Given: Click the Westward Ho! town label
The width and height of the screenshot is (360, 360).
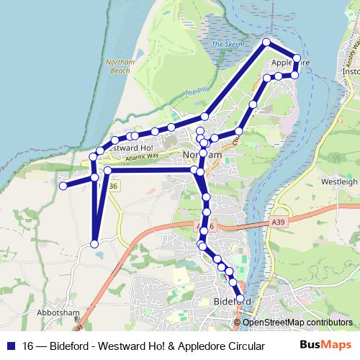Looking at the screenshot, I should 125,147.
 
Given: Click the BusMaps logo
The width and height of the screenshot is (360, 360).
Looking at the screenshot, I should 326,345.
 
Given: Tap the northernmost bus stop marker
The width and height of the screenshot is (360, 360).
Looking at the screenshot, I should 266,42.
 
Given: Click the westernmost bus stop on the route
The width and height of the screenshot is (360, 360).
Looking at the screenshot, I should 63,186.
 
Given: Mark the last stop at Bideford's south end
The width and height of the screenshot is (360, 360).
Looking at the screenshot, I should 240,298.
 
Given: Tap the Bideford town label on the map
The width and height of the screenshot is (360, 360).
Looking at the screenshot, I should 232,300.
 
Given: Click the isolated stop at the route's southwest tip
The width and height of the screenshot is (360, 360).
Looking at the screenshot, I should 94,245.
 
